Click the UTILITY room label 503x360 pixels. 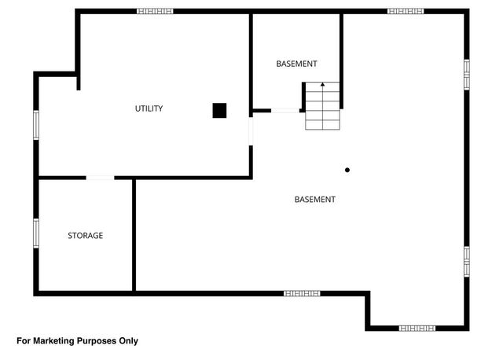pyautogui.click(x=149, y=108)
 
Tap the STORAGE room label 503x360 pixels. pyautogui.click(x=85, y=235)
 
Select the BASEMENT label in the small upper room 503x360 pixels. pyautogui.click(x=296, y=64)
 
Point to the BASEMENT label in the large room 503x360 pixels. pyautogui.click(x=314, y=200)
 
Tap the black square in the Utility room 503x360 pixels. pyautogui.click(x=219, y=111)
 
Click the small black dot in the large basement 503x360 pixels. pyautogui.click(x=347, y=170)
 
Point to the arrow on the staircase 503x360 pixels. pyautogui.click(x=322, y=84)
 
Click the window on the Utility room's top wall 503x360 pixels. pyautogui.click(x=155, y=12)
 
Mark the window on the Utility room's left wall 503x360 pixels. pyautogui.click(x=36, y=125)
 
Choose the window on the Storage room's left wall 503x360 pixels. pyautogui.click(x=36, y=233)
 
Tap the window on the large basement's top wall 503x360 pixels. pyautogui.click(x=406, y=12)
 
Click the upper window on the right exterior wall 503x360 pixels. pyautogui.click(x=466, y=75)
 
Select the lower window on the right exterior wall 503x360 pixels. pyautogui.click(x=466, y=261)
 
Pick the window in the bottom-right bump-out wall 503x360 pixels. pyautogui.click(x=417, y=328)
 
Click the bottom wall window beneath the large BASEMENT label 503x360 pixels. pyautogui.click(x=302, y=293)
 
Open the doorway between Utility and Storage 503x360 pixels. pyautogui.click(x=100, y=178)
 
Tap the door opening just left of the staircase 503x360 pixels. pyautogui.click(x=285, y=111)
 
